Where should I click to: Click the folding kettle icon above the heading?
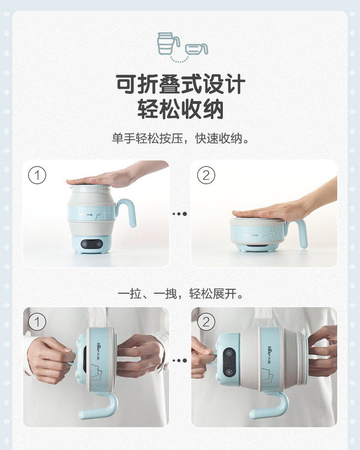[182, 47]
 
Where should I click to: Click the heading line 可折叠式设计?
[180, 84]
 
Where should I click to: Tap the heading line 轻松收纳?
[180, 109]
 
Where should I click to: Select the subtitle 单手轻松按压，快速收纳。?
[180, 138]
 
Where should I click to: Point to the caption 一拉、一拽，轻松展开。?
[180, 294]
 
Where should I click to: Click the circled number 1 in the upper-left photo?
[37, 175]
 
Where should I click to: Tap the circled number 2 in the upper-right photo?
[206, 175]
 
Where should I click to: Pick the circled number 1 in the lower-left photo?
[37, 322]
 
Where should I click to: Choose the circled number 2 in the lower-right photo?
[206, 322]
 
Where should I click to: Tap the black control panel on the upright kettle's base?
[92, 244]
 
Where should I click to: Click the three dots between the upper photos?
[180, 214]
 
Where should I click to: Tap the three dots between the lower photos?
[180, 360]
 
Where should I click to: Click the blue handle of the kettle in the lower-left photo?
[101, 405]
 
